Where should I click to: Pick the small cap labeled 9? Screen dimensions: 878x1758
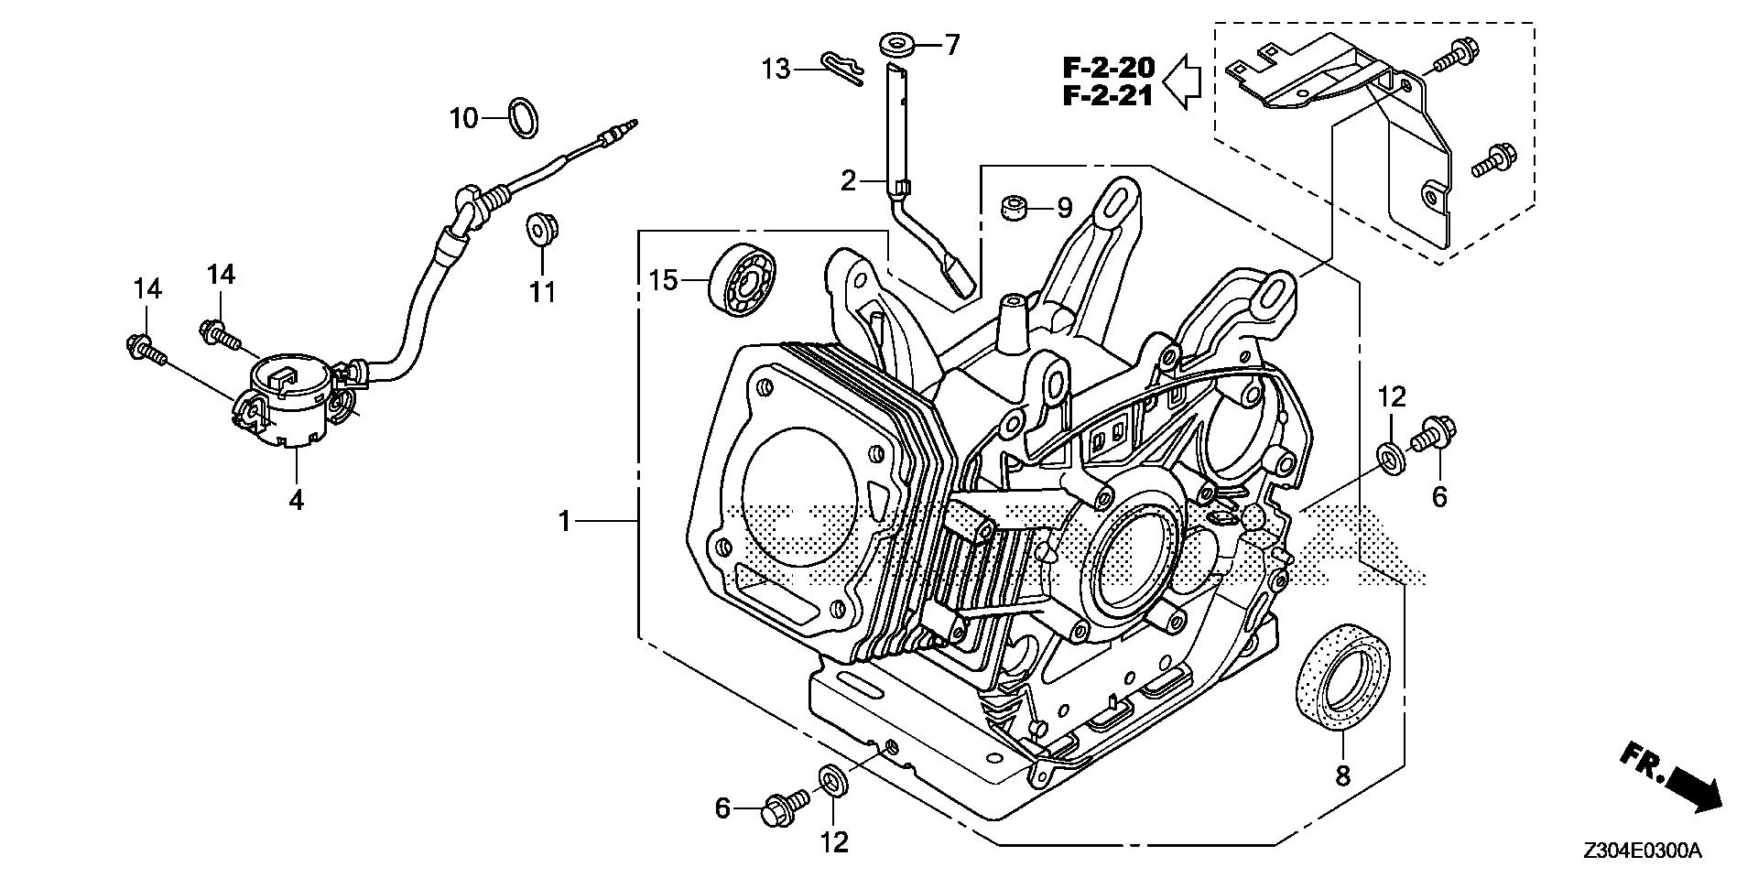(1012, 208)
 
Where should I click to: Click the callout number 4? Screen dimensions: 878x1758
(296, 500)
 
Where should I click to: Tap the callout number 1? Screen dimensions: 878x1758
(565, 522)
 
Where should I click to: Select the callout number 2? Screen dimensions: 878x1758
(848, 180)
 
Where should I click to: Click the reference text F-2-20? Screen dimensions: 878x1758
(1109, 67)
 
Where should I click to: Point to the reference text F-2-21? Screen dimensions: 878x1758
(1109, 95)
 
